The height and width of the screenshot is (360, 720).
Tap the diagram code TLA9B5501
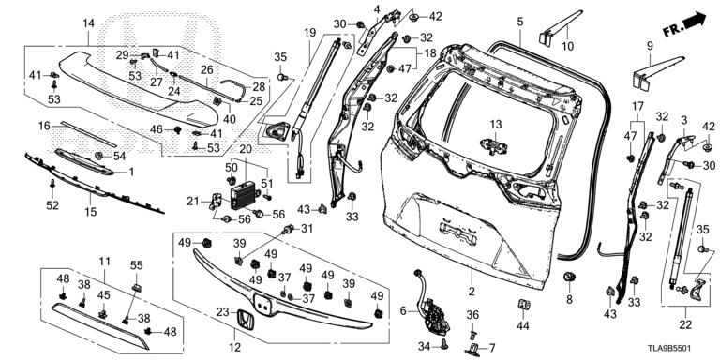(671, 350)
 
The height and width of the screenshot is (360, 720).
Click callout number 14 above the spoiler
(88, 22)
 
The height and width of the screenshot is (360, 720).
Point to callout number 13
(495, 125)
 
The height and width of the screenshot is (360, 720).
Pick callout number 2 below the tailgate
(472, 292)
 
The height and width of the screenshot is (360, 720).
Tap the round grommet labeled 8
(569, 277)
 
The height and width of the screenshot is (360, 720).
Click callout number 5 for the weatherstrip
(519, 22)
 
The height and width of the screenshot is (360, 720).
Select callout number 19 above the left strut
(310, 33)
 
